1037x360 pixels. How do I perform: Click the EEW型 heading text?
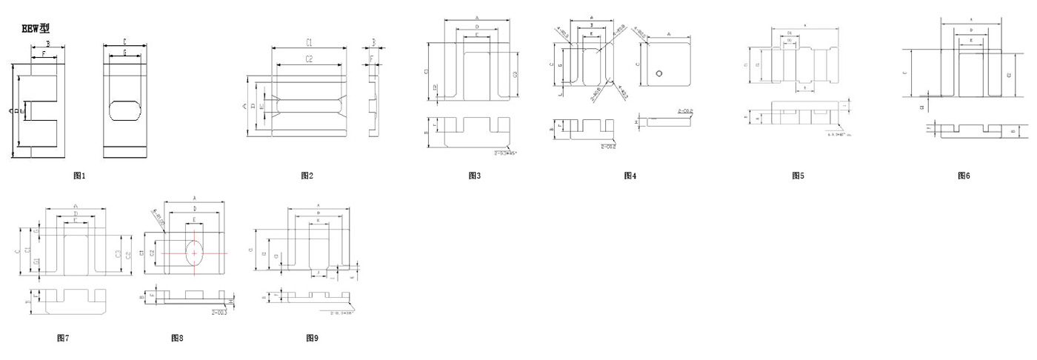[x=36, y=28]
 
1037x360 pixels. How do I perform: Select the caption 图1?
[x=80, y=176]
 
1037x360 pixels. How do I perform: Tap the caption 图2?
[x=307, y=176]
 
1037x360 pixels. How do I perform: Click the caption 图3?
[x=475, y=176]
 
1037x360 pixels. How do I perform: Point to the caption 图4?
[x=630, y=176]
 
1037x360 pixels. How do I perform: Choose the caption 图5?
[x=798, y=176]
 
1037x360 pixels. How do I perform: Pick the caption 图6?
[x=964, y=176]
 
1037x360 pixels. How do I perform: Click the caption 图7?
[x=63, y=338]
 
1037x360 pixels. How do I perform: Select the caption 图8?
[x=177, y=338]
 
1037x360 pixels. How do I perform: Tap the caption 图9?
[x=313, y=338]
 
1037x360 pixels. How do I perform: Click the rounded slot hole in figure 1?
[x=124, y=110]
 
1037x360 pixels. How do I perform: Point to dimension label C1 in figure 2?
[x=309, y=42]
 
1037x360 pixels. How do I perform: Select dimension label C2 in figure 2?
[x=309, y=59]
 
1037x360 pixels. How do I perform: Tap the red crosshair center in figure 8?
[x=194, y=253]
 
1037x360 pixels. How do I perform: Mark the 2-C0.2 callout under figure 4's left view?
[x=609, y=146]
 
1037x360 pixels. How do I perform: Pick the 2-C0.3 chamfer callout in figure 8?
[x=219, y=313]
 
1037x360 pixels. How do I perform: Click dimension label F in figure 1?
[x=44, y=54]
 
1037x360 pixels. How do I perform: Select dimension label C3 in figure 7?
[x=119, y=254]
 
